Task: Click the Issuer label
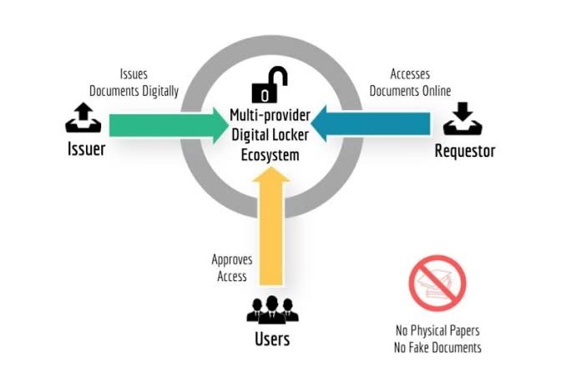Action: coord(86,150)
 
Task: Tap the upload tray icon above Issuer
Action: coord(83,118)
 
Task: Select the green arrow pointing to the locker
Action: coord(167,125)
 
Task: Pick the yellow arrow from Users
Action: coord(272,229)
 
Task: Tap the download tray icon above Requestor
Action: coord(462,118)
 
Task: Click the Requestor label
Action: coord(464,151)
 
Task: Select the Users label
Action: coord(272,339)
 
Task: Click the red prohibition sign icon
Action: coord(437,284)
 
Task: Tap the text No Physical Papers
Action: coord(437,329)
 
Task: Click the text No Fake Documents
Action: coord(437,347)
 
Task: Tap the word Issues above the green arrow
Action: coord(134,74)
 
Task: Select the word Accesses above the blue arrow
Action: coord(410,74)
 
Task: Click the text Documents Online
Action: coord(410,90)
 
